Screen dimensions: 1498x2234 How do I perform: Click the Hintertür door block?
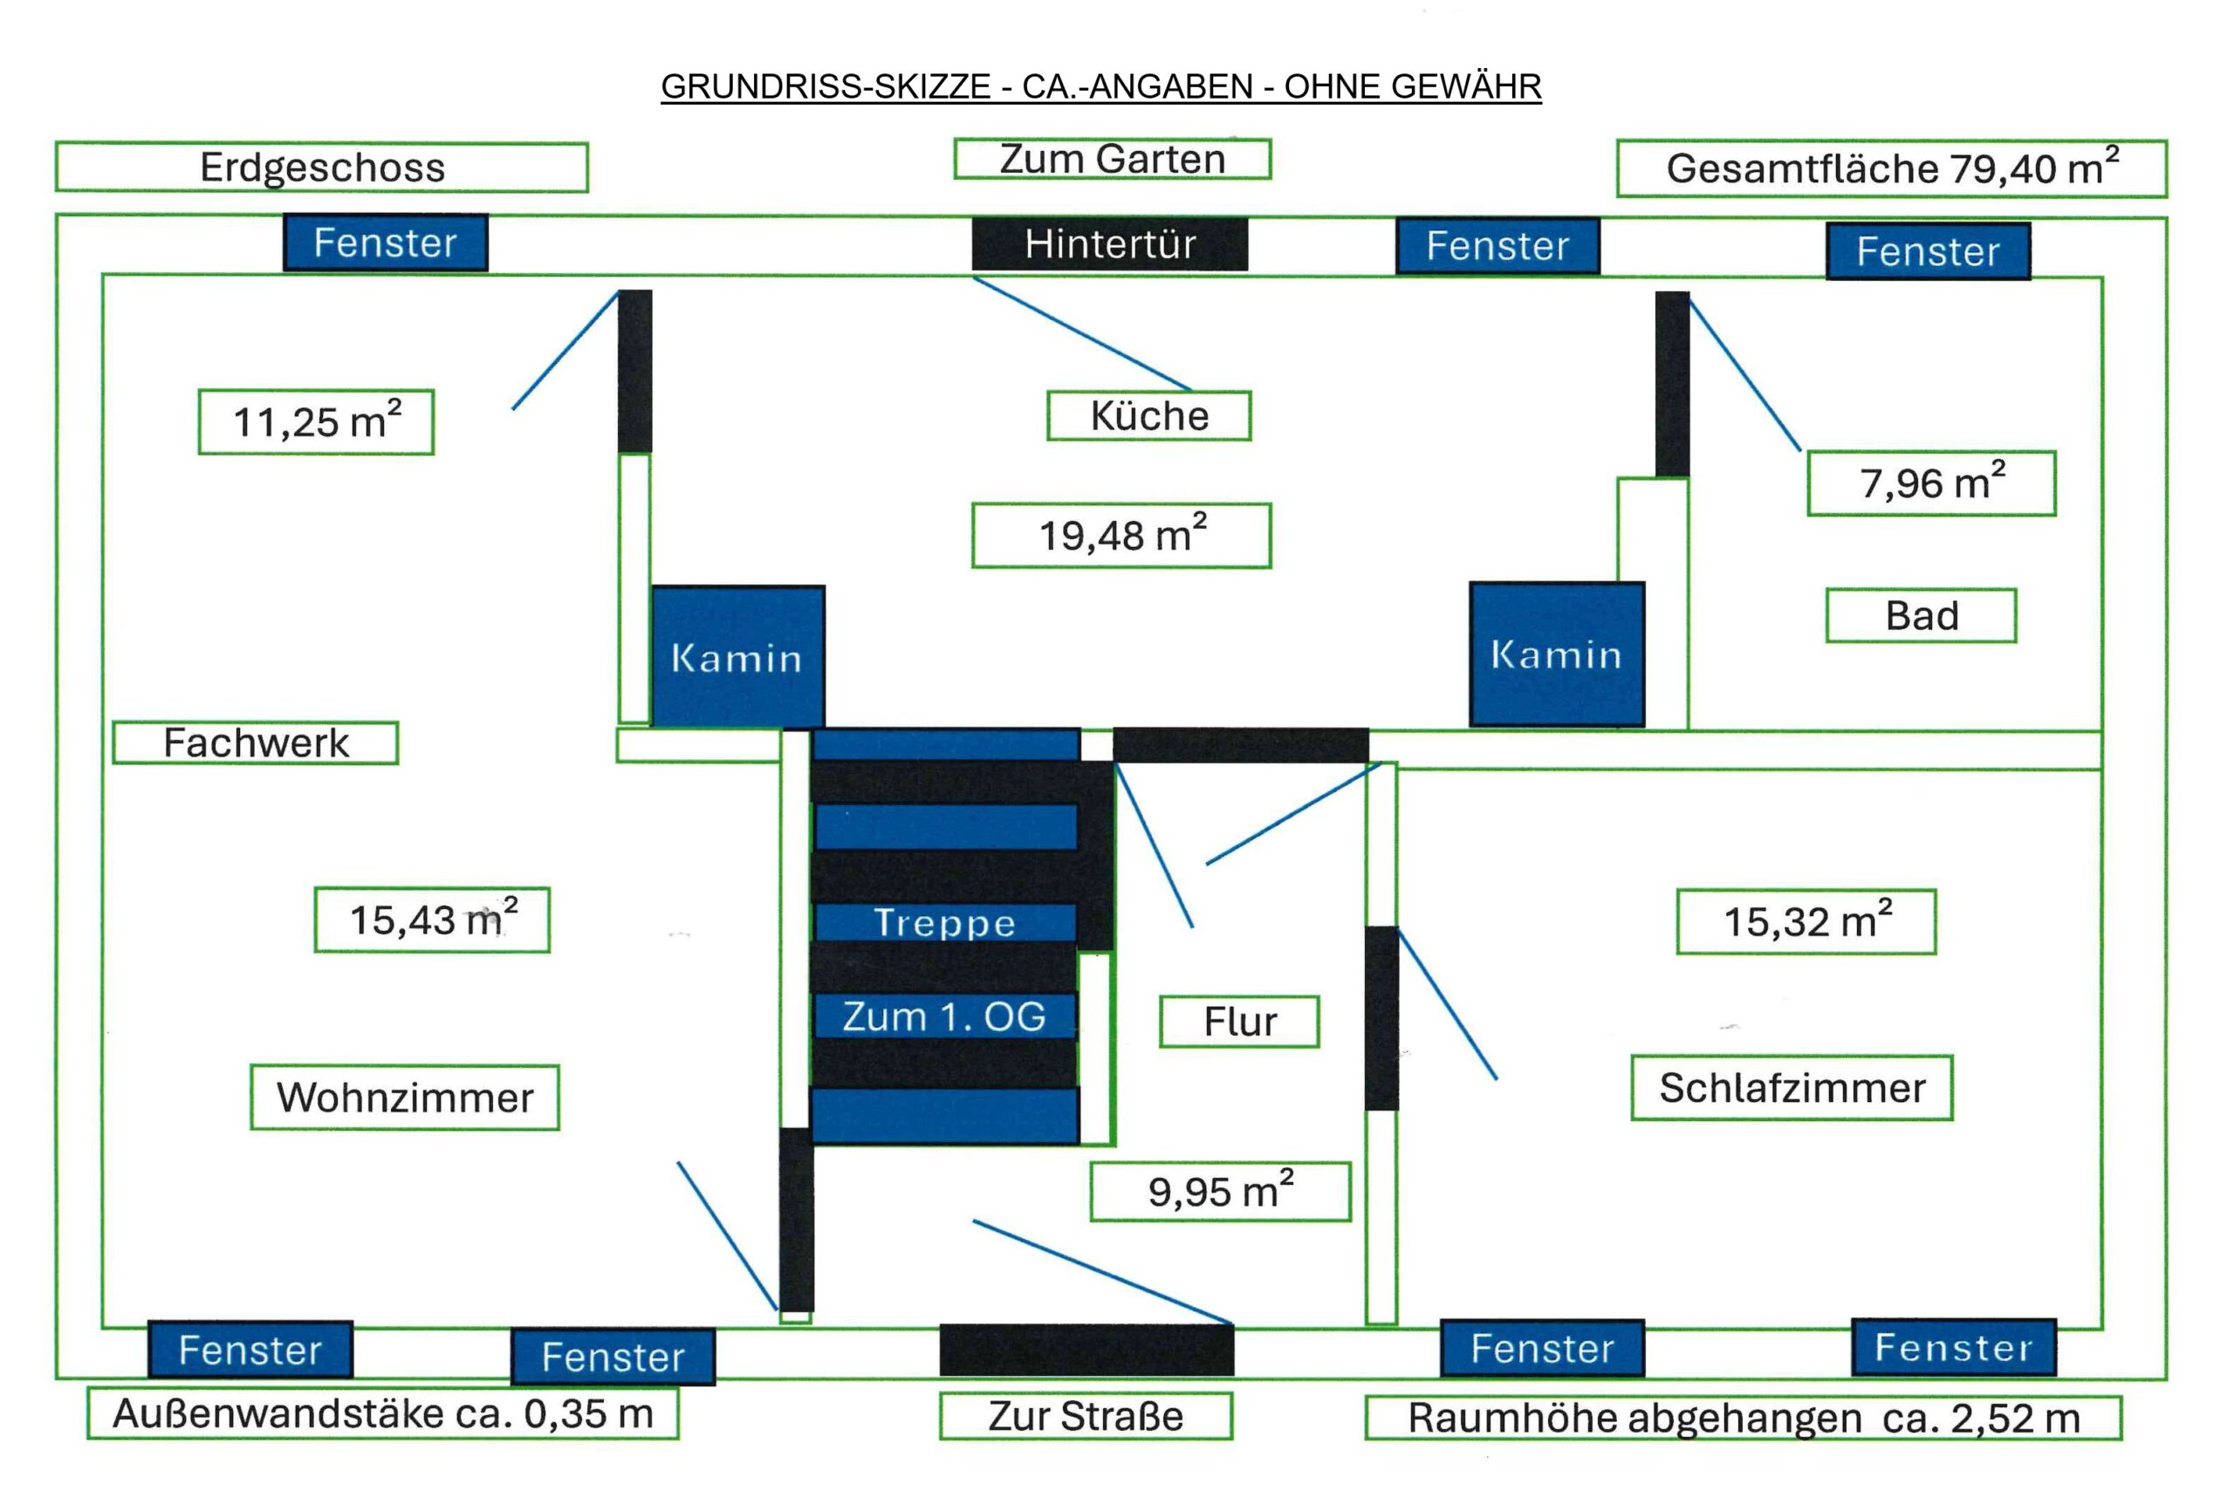tap(1109, 243)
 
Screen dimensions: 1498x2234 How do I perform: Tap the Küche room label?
tap(1148, 415)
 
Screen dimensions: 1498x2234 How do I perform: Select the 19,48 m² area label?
tap(1120, 535)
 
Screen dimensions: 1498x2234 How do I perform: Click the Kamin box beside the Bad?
tap(1556, 654)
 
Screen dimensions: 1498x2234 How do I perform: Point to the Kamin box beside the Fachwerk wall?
tap(737, 656)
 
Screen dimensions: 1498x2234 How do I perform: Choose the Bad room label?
tap(1921, 615)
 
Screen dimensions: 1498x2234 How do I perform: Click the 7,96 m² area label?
tap(1930, 483)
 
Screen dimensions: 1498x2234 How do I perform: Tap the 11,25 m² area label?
tap(315, 421)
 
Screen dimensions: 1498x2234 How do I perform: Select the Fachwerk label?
tap(255, 742)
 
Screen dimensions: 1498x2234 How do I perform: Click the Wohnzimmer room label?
tap(404, 1097)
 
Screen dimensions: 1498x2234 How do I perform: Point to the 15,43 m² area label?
tap(432, 919)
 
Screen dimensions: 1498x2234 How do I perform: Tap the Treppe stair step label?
tap(944, 922)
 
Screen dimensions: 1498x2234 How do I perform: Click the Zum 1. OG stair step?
tap(944, 1016)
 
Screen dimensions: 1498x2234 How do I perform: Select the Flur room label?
tap(1238, 1022)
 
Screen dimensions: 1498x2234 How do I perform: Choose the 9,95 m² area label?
tap(1219, 1191)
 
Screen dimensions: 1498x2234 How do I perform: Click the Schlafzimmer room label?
tap(1791, 1087)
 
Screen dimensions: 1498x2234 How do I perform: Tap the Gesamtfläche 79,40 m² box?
tap(1891, 169)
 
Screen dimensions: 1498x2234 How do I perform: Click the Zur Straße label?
tap(1086, 1415)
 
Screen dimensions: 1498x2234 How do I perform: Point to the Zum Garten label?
tap(1111, 159)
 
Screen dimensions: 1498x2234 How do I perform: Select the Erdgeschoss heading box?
tap(321, 168)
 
